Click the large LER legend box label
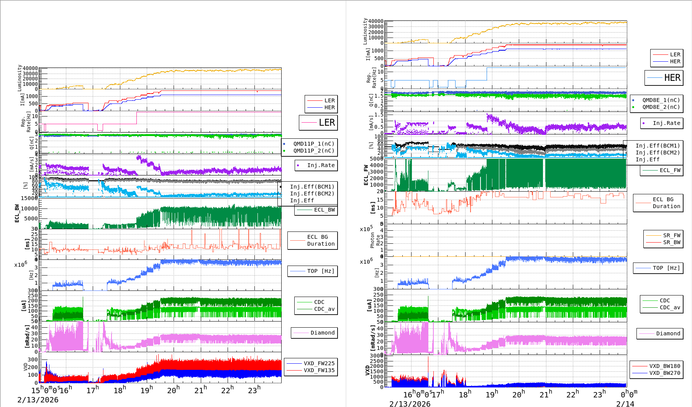pos(326,123)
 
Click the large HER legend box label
pos(672,78)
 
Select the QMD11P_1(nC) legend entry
pos(314,144)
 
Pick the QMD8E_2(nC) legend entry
pos(661,107)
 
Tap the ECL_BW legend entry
pos(324,210)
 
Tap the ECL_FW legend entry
pos(670,170)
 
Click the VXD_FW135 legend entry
pos(319,370)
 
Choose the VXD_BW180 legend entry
pos(664,366)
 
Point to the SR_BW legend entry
pos(672,242)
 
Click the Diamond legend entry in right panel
pos(668,333)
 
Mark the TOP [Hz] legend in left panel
pos(320,271)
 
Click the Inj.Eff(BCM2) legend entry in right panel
pos(658,153)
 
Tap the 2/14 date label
pos(625,404)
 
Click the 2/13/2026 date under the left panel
pos(38,400)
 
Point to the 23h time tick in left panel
pos(254,390)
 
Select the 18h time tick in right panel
pos(465,394)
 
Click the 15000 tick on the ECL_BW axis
pos(29,198)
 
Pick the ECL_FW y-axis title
pos(366,175)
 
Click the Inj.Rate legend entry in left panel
pos(321,165)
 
